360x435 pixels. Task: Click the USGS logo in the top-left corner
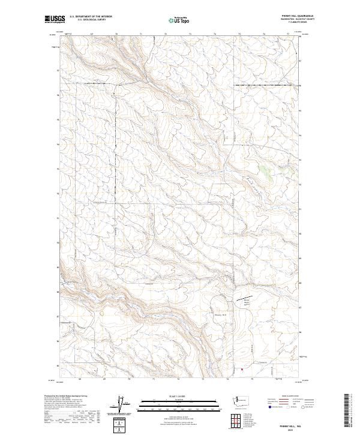pos(53,20)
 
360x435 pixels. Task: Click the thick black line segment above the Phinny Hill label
pos(250,296)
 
